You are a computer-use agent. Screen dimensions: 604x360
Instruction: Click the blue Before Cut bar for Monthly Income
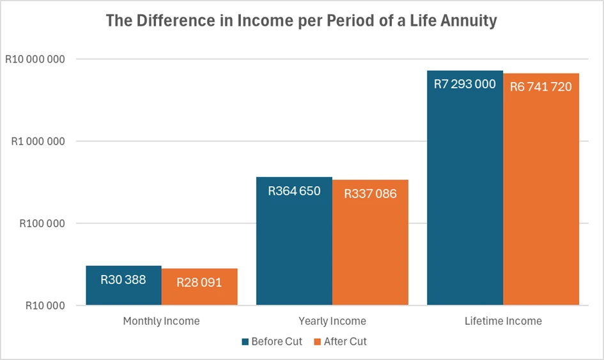tap(123, 285)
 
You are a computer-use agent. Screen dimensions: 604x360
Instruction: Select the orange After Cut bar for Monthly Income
tap(199, 286)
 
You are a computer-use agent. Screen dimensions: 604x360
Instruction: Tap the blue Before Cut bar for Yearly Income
tap(294, 241)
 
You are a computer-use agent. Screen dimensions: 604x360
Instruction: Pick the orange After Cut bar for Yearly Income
tap(370, 242)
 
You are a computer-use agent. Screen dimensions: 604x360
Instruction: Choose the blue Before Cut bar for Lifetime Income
tap(465, 188)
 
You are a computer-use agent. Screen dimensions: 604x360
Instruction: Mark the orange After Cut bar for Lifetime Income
tap(541, 189)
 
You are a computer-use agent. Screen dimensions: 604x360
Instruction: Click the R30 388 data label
tap(123, 279)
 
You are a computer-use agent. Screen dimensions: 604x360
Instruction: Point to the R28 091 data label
tap(199, 283)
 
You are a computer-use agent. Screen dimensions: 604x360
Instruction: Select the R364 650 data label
tap(294, 191)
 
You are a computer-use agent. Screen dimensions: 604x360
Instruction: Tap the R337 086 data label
tap(370, 194)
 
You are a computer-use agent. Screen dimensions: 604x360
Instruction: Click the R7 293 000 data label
tap(465, 84)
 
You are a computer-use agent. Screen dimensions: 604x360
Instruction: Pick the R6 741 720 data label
tap(541, 87)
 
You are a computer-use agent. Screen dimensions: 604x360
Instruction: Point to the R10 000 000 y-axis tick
tap(35, 59)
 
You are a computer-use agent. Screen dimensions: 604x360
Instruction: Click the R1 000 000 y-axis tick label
tap(38, 141)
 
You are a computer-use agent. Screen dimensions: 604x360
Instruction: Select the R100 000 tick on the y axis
tap(42, 224)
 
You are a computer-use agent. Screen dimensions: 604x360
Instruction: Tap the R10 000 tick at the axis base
tap(45, 306)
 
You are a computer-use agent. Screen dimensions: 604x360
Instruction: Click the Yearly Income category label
tap(332, 321)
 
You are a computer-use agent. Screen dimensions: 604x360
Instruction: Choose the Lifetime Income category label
tap(503, 321)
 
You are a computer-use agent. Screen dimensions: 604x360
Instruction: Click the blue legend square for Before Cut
tap(245, 342)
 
